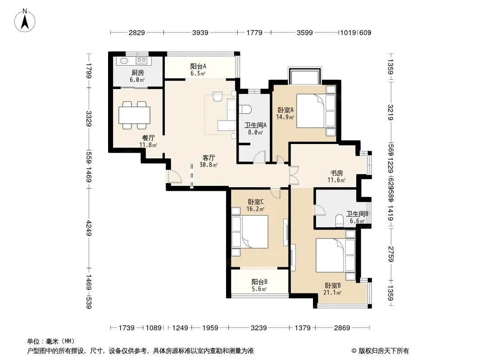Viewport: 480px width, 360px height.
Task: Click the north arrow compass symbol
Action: pos(25,21)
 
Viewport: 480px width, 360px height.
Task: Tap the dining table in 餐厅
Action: pos(135,115)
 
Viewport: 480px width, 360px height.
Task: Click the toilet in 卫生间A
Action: pos(245,109)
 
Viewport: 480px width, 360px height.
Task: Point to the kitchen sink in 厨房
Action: pos(124,61)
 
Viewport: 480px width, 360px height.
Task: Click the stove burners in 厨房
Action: pos(141,61)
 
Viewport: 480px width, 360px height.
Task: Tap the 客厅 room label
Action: pos(209,158)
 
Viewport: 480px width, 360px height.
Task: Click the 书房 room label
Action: pos(336,173)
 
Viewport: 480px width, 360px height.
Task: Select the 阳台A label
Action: pos(198,66)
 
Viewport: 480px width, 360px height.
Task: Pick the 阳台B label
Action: pos(260,282)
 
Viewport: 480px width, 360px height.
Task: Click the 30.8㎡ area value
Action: pos(208,165)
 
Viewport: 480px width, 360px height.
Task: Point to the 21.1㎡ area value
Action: pos(332,292)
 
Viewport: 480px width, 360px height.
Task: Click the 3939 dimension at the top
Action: pos(200,32)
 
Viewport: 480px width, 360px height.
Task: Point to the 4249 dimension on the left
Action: pos(89,228)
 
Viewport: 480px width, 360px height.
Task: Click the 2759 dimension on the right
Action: pos(390,254)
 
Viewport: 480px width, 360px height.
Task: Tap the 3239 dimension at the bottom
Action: pos(258,328)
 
